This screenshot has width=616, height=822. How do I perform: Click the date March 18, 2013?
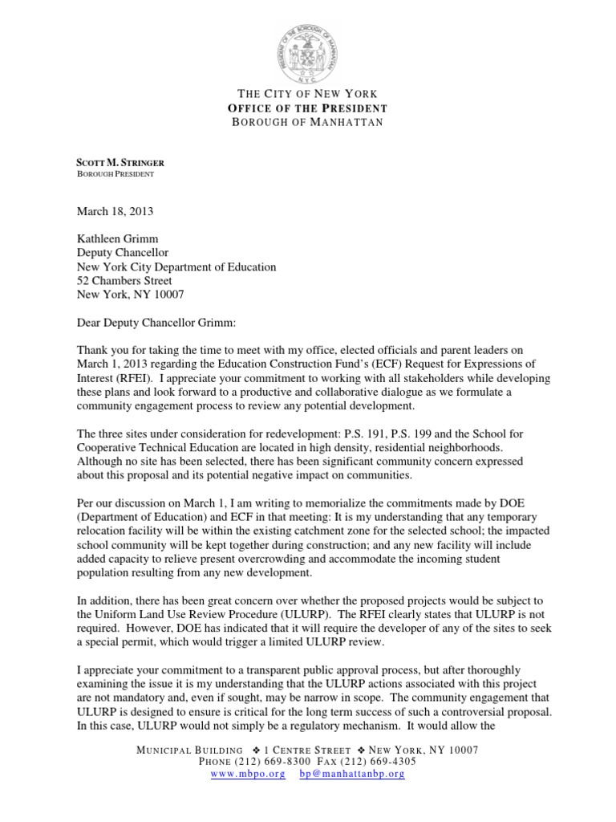[114, 212]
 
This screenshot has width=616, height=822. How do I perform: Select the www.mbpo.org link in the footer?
[248, 775]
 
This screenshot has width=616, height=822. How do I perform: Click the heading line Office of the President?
[308, 108]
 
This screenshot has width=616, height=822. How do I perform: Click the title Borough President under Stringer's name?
[115, 173]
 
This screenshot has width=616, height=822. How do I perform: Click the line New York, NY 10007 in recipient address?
[129, 295]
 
